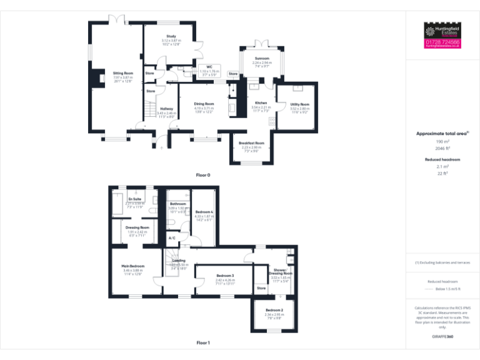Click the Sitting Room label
tap(123, 73)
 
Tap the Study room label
tap(171, 37)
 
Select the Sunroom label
tap(262, 58)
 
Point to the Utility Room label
tap(300, 104)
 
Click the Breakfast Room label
tap(251, 143)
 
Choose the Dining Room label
tap(204, 104)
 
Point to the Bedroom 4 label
tap(204, 212)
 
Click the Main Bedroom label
tap(133, 266)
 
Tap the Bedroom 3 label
tap(225, 276)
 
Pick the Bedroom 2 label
tap(274, 311)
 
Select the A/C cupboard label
tap(172, 238)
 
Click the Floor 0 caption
tap(202, 175)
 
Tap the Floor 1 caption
tap(202, 342)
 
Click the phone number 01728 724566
tap(442, 42)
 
